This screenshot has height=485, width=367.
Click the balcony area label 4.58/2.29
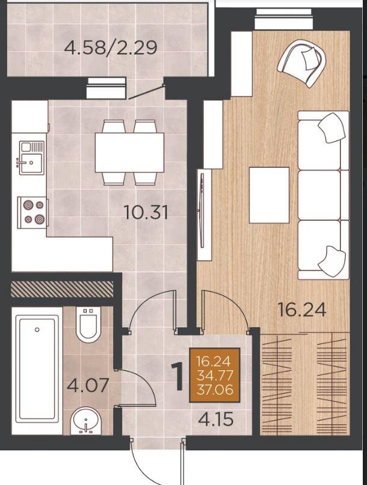pyautogui.click(x=111, y=47)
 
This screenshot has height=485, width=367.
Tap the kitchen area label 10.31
pyautogui.click(x=146, y=213)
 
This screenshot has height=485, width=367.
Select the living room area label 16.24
pyautogui.click(x=302, y=310)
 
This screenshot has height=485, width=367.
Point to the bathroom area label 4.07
pyautogui.click(x=88, y=385)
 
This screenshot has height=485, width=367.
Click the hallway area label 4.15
pyautogui.click(x=216, y=419)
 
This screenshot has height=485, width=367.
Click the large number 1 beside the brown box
pyautogui.click(x=178, y=377)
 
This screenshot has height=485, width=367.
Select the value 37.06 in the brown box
pyautogui.click(x=215, y=389)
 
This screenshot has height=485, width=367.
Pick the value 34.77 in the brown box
pyautogui.click(x=215, y=376)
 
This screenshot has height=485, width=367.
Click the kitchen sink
pyautogui.click(x=31, y=157)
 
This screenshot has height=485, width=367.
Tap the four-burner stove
pyautogui.click(x=33, y=213)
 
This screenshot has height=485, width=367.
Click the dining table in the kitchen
pyautogui.click(x=129, y=153)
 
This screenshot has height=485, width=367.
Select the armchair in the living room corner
pyautogui.click(x=301, y=63)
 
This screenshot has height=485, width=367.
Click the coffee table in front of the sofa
pyautogui.click(x=269, y=195)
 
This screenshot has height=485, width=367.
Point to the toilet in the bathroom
pyautogui.click(x=88, y=325)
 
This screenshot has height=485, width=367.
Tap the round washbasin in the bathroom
pyautogui.click(x=86, y=421)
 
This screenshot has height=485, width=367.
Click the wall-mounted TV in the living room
pyautogui.click(x=202, y=210)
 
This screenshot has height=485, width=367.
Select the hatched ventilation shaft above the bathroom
pyautogui.click(x=62, y=288)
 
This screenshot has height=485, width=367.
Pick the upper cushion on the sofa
pyautogui.click(x=332, y=128)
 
